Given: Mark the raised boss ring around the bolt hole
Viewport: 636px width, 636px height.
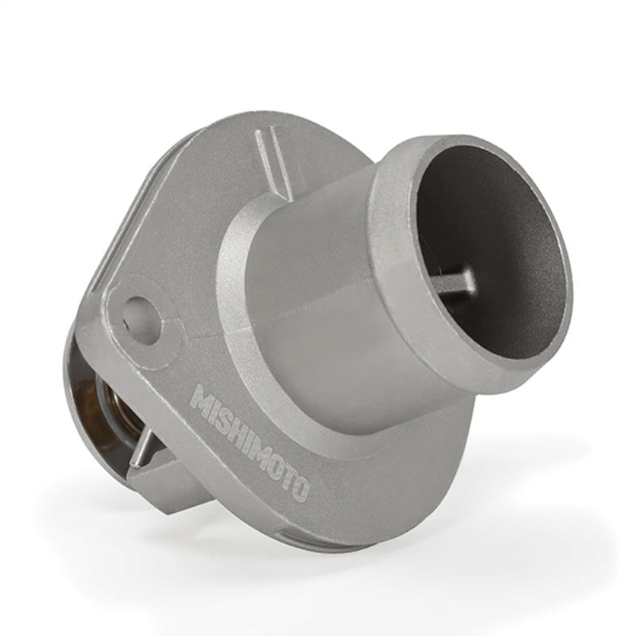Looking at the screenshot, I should pos(125,326).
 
